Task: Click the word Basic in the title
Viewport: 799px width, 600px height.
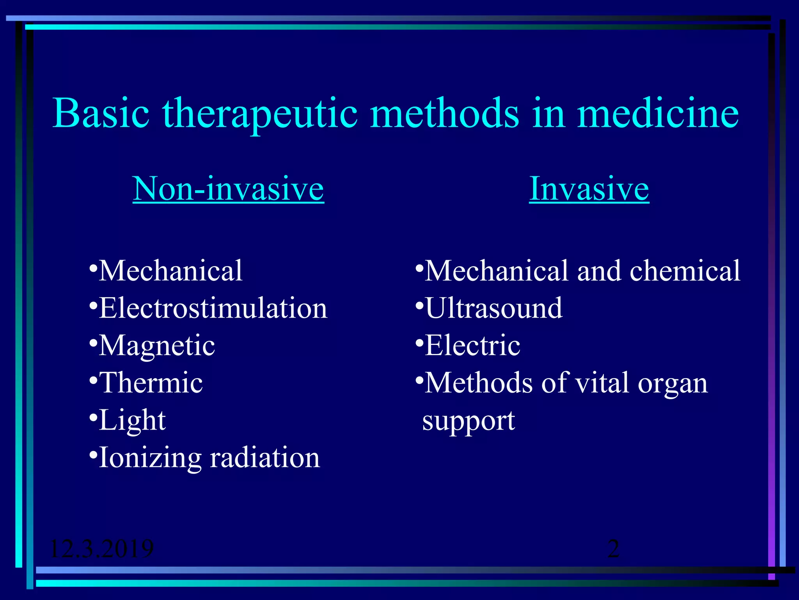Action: (x=101, y=113)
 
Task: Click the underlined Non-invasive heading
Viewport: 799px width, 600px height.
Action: (x=228, y=189)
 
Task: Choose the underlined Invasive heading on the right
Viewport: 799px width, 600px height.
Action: (x=589, y=189)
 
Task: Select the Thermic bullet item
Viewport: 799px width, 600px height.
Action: (x=151, y=383)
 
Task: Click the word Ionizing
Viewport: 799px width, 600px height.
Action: (x=150, y=458)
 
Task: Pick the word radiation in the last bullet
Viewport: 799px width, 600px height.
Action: (x=265, y=458)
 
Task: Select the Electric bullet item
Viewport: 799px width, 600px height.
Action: (x=472, y=346)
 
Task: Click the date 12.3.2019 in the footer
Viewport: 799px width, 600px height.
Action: (x=102, y=548)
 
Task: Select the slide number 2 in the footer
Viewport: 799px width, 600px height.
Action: (x=614, y=548)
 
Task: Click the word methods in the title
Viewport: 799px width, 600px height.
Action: (x=444, y=113)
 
